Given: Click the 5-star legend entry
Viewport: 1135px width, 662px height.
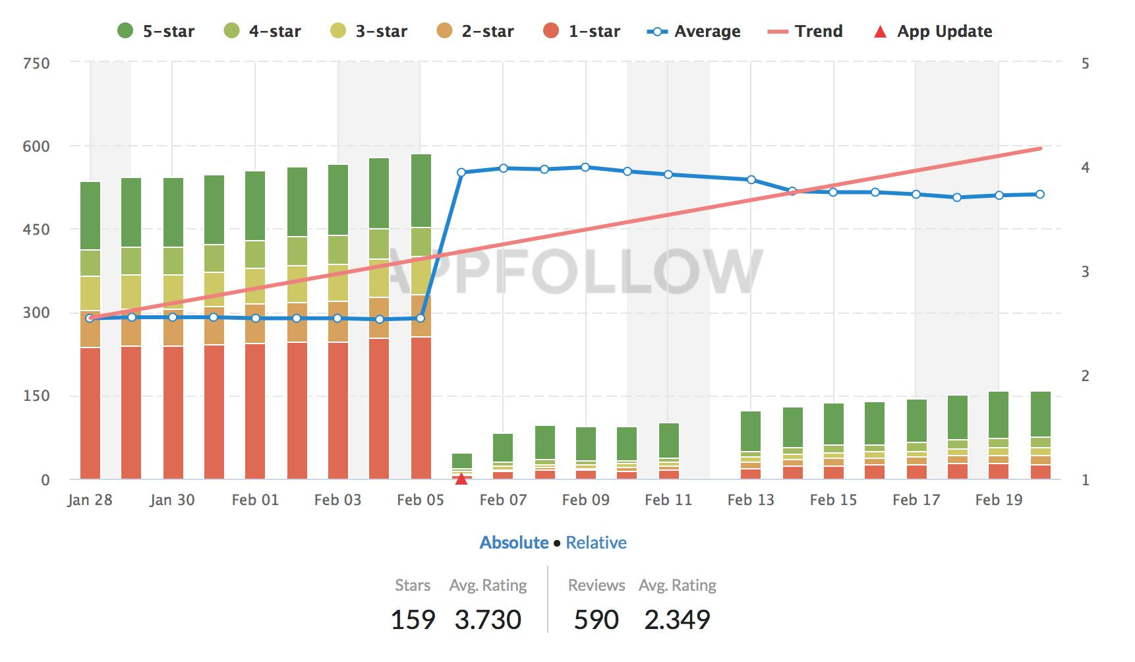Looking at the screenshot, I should coord(156,31).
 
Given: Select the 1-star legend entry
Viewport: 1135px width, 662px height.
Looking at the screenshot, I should coord(581,31).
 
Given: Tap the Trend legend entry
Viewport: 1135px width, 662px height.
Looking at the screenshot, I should coord(805,31).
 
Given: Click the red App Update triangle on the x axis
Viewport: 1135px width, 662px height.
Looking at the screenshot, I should coord(461,479).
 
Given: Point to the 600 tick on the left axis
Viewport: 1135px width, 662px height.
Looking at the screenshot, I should coord(36,146).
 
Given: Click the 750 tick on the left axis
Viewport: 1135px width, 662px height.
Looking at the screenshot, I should coord(36,63).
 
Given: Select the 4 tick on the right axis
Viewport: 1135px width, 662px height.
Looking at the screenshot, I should coord(1085,167).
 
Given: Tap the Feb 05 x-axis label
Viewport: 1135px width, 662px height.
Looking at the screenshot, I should coord(421,500).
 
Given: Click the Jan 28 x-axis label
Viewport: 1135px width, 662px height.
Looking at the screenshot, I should coord(90,500).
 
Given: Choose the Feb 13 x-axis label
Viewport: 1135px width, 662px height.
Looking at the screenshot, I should coord(751,500).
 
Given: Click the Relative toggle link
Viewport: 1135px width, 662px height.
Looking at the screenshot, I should coord(596,543).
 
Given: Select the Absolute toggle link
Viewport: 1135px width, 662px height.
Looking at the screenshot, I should coord(514,543).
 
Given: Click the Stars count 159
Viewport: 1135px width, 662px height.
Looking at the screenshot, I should coord(413,620).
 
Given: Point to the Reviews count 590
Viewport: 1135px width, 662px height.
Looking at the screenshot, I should coord(597,620).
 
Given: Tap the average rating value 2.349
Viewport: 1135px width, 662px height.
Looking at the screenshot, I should coord(678,620).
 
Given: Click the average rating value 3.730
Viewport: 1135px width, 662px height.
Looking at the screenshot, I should coord(488,620).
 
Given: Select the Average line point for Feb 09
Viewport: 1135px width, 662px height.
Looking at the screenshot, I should coord(585,167).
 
